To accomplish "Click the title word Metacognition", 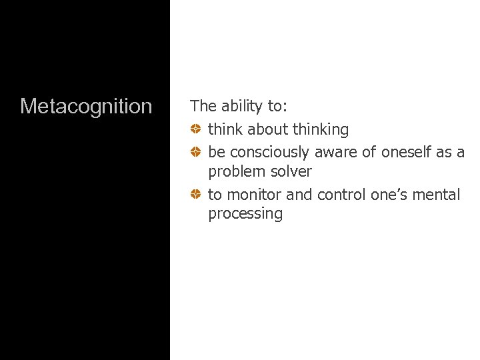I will tap(86, 106).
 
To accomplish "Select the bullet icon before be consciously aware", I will tap(196, 153).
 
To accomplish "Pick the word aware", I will tap(336, 153).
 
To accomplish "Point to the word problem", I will tap(237, 171).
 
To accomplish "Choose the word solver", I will tap(291, 171).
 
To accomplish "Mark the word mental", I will tap(437, 195).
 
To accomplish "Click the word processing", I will tap(245, 214).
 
